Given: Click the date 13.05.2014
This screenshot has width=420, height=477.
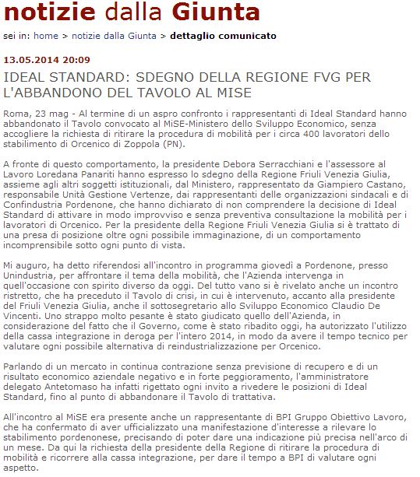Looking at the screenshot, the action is tap(30, 61).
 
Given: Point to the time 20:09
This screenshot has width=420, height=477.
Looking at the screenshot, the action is tap(76, 61).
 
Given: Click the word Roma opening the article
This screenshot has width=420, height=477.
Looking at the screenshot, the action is tap(16, 114).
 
